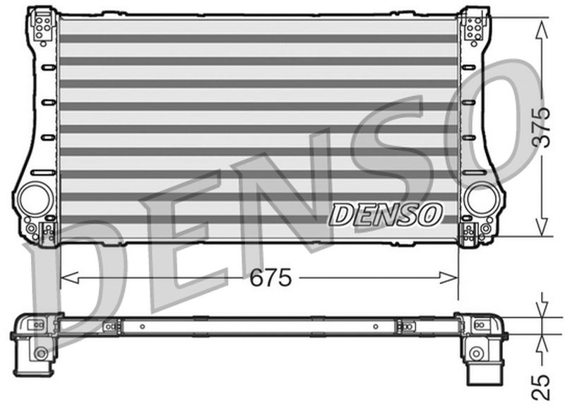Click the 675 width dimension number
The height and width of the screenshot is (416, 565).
271,278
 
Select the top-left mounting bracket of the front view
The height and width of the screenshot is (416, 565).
42,26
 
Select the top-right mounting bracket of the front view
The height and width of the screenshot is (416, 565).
474,26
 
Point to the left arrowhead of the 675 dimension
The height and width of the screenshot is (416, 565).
66,278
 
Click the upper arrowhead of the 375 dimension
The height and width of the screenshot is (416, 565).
541,25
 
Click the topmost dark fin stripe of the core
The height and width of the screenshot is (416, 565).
258,38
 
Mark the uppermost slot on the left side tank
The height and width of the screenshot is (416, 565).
48,68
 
